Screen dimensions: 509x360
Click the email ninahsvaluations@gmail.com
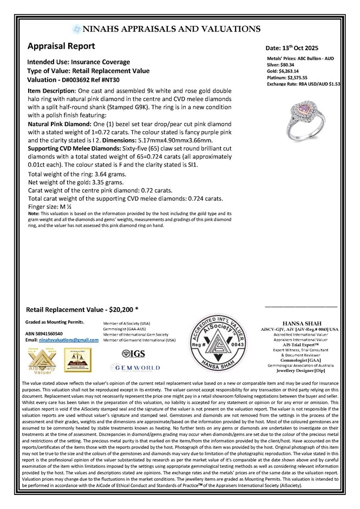pos(68,339)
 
